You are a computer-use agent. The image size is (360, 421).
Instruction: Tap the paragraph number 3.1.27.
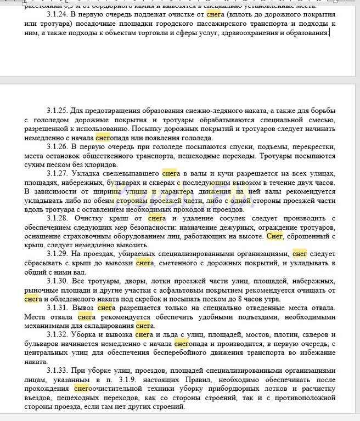(x=58, y=173)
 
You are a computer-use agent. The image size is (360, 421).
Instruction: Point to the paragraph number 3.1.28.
(x=58, y=218)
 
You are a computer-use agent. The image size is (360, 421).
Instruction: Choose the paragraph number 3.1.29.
(x=58, y=254)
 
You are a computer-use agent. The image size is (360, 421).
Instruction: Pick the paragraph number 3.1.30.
(x=58, y=281)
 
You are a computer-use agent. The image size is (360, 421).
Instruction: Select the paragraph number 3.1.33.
(x=58, y=370)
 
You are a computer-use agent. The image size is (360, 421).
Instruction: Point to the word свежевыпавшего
(x=132, y=173)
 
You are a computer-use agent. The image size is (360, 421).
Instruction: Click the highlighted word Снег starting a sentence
(x=274, y=236)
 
